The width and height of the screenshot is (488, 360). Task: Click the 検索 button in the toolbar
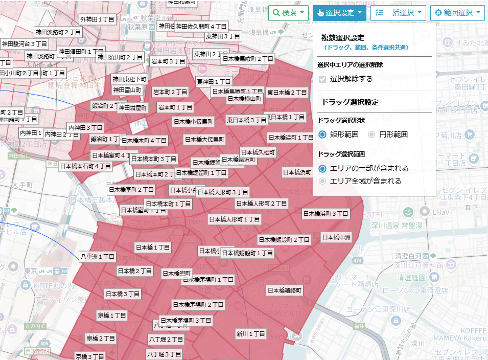click(289, 13)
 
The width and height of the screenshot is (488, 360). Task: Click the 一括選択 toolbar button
click(398, 13)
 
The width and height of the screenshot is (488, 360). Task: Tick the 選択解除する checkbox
click(322, 79)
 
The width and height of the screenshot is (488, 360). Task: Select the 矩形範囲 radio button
click(322, 134)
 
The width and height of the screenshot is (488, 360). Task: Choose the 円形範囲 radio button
click(372, 134)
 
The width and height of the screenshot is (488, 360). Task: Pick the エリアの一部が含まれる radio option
click(322, 168)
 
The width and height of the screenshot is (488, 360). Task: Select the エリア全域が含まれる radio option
click(322, 181)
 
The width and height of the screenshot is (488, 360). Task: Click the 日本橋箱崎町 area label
click(285, 290)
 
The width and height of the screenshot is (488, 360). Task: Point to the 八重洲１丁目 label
click(98, 256)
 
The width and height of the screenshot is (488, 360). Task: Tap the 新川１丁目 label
click(251, 334)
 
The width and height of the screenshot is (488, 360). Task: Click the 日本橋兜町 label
click(177, 274)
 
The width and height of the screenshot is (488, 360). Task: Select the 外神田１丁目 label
click(98, 19)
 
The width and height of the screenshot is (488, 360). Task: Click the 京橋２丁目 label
click(101, 338)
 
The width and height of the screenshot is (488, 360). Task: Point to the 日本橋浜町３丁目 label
click(326, 213)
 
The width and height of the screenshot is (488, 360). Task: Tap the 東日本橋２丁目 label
click(287, 93)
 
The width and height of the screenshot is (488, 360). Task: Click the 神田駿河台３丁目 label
click(25, 44)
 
